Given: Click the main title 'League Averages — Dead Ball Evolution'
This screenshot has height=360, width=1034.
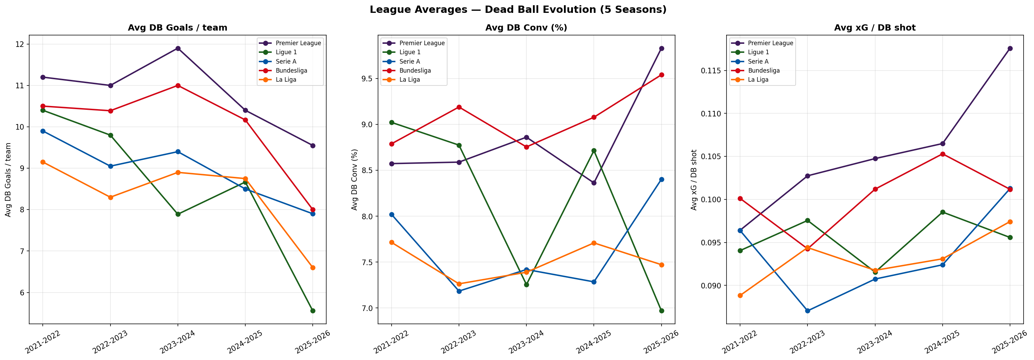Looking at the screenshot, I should tap(518, 10).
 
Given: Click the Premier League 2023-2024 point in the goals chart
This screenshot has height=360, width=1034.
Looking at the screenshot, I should tap(178, 49).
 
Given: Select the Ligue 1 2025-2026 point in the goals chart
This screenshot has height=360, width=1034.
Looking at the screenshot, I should tap(313, 311).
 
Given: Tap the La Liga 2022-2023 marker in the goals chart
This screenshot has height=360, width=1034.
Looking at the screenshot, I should tap(110, 197).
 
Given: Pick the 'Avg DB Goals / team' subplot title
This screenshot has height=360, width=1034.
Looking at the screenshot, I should tap(178, 28).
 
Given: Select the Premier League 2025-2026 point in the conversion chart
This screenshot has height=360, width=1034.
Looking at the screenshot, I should tap(662, 49).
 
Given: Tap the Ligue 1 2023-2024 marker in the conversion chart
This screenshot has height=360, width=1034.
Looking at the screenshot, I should tap(526, 285).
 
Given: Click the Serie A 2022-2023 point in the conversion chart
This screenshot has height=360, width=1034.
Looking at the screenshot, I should tap(459, 292).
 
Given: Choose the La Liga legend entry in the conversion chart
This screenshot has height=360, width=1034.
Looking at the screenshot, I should tap(409, 80).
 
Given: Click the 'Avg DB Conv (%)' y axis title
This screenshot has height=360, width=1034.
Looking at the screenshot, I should tap(354, 179).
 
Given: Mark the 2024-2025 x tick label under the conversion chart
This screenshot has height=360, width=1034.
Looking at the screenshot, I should tap(594, 342).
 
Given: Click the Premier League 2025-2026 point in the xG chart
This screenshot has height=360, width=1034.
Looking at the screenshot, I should tap(1010, 49).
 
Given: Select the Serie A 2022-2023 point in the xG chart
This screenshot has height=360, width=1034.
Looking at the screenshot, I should tap(807, 311).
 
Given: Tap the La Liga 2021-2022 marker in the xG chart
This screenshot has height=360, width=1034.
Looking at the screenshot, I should tap(740, 295).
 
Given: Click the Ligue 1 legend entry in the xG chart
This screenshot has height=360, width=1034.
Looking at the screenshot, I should tap(758, 52).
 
